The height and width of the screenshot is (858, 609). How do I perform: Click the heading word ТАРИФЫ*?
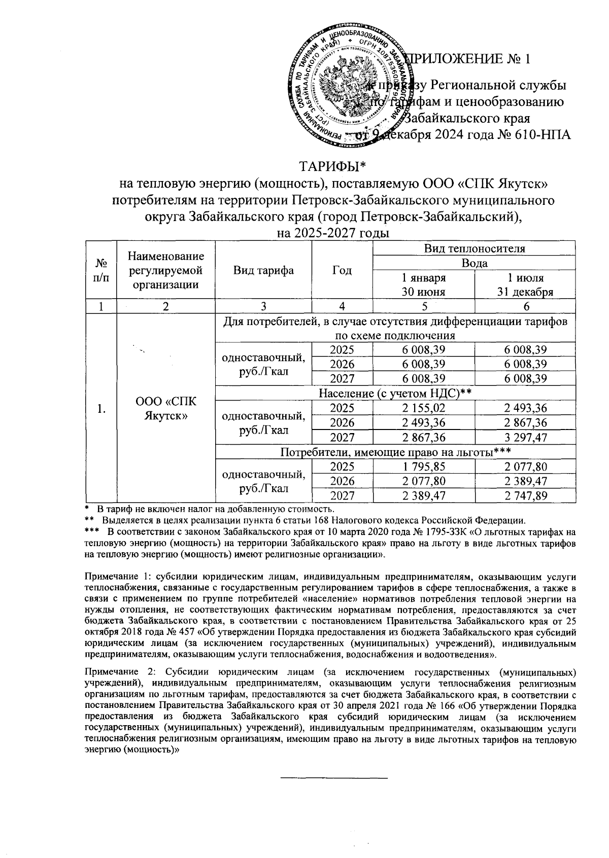click(x=332, y=167)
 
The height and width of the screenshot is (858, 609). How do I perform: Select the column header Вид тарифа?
click(x=263, y=270)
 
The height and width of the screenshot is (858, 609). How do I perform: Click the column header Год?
click(x=342, y=270)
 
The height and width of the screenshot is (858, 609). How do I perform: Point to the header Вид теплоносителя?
click(x=474, y=248)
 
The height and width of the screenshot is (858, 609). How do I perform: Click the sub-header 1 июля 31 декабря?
click(x=526, y=285)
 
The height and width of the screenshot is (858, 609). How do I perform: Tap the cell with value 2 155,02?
click(x=424, y=408)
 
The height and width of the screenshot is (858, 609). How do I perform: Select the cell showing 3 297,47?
click(x=526, y=437)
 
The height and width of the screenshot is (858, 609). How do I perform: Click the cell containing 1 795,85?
click(x=424, y=467)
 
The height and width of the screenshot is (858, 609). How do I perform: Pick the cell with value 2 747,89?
click(x=526, y=495)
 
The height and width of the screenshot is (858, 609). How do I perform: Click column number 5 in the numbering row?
click(x=424, y=306)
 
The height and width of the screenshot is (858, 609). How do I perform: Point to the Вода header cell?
click(x=474, y=263)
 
